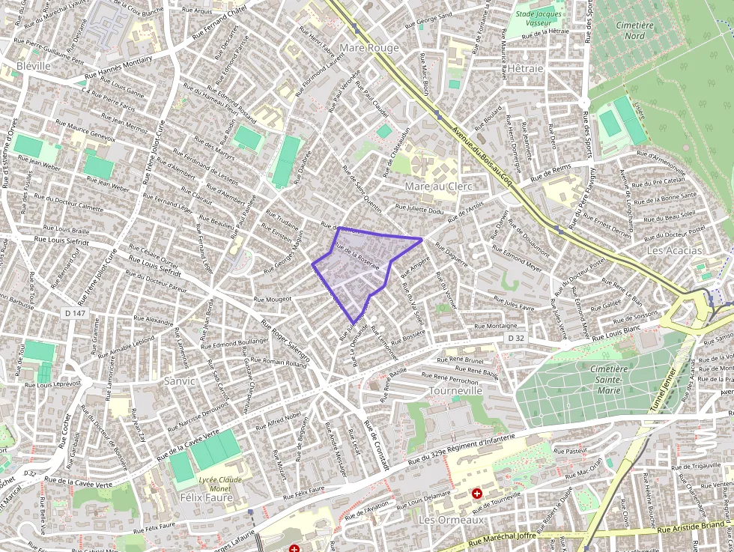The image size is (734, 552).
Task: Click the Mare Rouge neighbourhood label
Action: point(369,48)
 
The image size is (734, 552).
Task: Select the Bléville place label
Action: point(33,66)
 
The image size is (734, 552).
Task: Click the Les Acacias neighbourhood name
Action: point(675,250)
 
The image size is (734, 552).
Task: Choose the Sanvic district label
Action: point(179,380)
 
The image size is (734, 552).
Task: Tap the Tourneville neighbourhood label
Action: point(455,391)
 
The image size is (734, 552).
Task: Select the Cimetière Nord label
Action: point(634,31)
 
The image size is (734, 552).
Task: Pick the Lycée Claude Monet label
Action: point(220,484)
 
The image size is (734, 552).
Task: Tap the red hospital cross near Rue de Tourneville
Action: point(476,494)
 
